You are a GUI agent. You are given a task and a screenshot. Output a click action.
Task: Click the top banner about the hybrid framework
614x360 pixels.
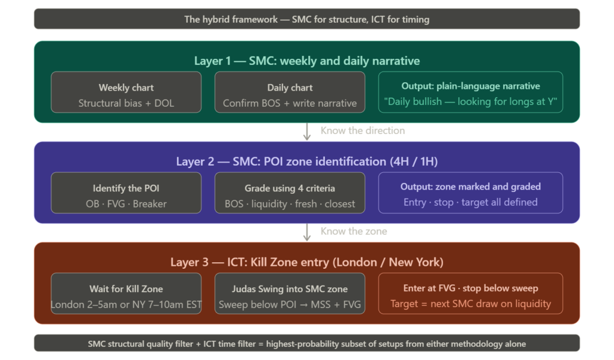coord(306,19)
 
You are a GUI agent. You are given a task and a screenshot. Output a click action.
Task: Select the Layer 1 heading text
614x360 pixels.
coord(306,61)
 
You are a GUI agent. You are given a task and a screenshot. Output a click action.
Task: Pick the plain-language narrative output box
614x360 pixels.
coord(470,92)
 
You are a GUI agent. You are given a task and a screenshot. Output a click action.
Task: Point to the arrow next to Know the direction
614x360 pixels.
coord(306,131)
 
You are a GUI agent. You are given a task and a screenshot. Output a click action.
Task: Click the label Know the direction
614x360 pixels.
coord(363,131)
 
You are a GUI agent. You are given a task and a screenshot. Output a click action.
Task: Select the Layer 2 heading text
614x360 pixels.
coord(306,161)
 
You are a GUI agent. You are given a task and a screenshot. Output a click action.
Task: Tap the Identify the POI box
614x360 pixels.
coord(126,193)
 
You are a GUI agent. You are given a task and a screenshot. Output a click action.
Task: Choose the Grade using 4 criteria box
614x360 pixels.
coord(290,193)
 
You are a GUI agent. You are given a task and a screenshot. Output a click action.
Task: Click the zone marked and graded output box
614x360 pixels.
coord(470,193)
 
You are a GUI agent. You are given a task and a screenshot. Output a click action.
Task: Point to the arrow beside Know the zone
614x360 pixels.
coord(306,232)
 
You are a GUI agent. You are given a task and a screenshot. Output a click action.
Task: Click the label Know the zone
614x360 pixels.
coord(354,232)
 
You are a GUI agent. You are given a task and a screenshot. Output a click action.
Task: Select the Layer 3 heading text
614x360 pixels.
coord(306,262)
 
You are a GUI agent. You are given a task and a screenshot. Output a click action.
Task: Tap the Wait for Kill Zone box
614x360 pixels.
coord(126,293)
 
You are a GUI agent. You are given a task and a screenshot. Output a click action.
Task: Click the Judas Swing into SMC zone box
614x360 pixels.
coord(290,293)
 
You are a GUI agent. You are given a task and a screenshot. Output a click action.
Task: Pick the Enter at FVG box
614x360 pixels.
coord(470,293)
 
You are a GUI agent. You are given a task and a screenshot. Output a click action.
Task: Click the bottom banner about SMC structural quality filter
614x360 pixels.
coord(306,343)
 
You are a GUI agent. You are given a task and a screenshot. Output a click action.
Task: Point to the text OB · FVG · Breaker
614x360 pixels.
coord(126,203)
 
